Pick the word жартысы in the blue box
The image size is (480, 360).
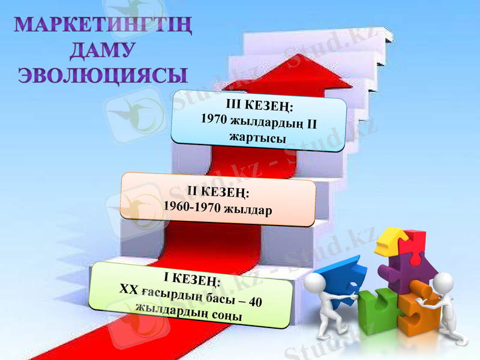pyautogui.click(x=257, y=137)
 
